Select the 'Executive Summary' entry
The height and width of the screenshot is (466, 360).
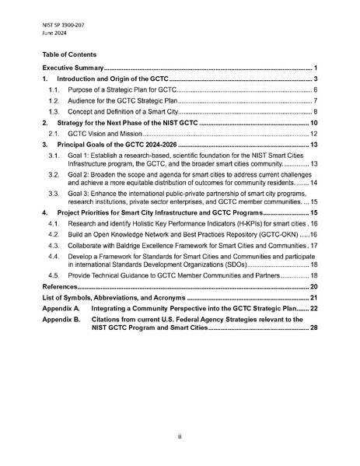72,69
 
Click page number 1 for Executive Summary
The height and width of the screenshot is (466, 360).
316,69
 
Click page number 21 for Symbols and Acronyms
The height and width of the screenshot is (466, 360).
314,298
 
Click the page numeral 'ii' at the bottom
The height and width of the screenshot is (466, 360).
180,437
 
